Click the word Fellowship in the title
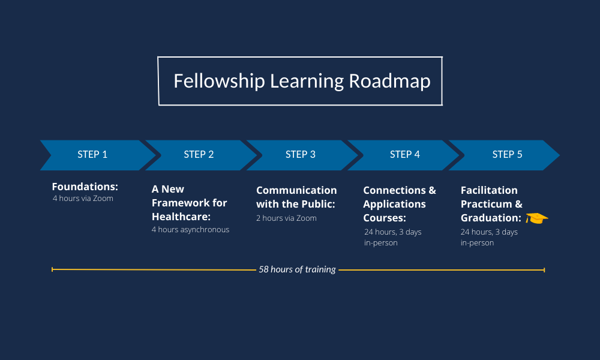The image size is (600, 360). [x=219, y=81]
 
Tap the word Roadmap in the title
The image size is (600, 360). [x=389, y=82]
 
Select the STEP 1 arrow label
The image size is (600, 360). [x=92, y=155]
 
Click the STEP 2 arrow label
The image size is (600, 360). [x=199, y=155]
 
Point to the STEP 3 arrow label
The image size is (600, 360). [x=301, y=155]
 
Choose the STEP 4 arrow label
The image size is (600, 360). [x=405, y=155]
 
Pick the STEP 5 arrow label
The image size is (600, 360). [x=507, y=155]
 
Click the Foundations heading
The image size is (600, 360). [x=85, y=187]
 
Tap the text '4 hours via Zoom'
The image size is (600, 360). [x=83, y=198]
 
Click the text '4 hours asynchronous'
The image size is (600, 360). [x=191, y=230]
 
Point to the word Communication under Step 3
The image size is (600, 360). [x=296, y=190]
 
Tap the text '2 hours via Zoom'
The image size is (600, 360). [x=286, y=218]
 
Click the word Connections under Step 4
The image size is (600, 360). [x=395, y=190]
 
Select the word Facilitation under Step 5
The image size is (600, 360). [x=489, y=190]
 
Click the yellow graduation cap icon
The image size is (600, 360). [x=536, y=218]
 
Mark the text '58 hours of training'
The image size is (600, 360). [x=298, y=269]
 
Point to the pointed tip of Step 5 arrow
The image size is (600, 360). [x=559, y=155]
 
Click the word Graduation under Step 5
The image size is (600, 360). [x=491, y=218]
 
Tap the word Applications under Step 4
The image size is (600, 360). [x=395, y=204]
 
